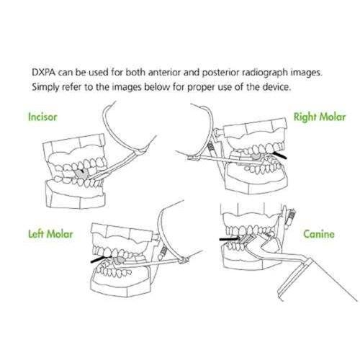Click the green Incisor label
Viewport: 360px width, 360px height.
(42, 117)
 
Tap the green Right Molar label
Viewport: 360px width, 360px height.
(320, 117)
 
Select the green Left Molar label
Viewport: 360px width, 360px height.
(50, 234)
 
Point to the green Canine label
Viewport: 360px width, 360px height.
(319, 234)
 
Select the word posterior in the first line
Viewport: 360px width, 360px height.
(220, 73)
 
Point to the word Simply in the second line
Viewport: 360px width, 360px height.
(45, 87)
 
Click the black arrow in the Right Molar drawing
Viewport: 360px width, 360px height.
(279, 155)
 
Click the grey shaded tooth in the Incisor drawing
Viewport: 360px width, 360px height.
(82, 174)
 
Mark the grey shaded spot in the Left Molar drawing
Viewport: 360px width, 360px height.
(119, 260)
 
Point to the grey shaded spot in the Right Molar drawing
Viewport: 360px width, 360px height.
(257, 156)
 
